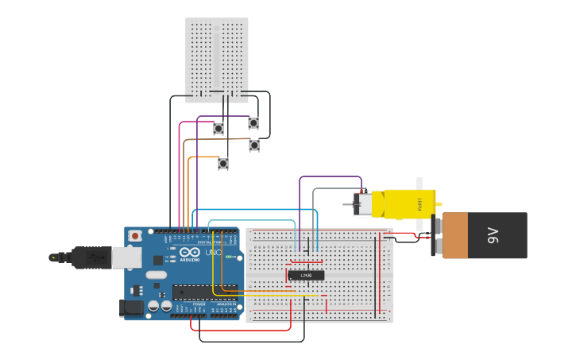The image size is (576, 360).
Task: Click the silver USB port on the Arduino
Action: point(126,257)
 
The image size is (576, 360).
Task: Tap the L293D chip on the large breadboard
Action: point(306,275)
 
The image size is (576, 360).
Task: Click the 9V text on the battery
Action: point(493,235)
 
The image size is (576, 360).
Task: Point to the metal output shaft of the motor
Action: point(348,204)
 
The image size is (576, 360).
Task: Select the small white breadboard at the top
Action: point(217,60)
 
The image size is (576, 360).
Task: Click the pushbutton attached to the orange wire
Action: point(223,164)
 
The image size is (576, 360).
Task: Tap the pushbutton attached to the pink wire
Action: point(218,128)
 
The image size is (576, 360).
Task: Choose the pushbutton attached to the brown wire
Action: point(254,145)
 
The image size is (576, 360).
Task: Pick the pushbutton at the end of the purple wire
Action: point(253,123)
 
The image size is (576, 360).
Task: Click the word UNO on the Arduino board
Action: point(213,253)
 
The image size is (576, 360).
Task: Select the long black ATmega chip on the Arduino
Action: point(205,292)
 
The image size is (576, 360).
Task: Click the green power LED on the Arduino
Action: point(227,257)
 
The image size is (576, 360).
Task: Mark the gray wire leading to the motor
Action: point(334,189)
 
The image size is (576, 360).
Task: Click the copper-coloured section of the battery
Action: point(455,235)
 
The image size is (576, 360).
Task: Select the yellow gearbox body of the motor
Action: point(408,203)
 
